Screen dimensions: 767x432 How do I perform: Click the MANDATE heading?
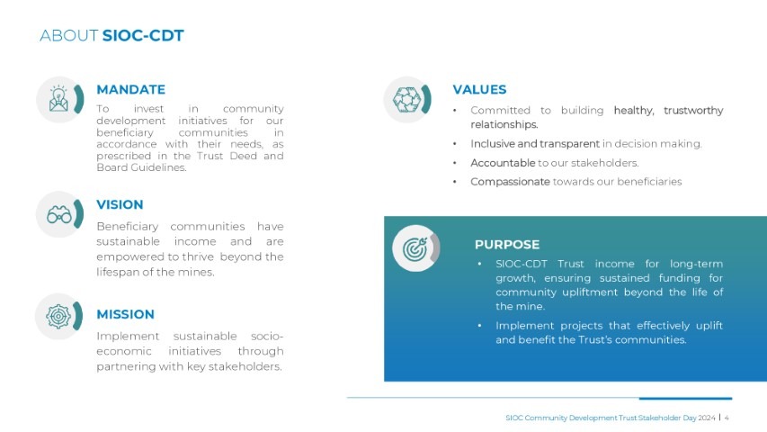130,90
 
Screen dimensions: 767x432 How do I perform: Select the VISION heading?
120,204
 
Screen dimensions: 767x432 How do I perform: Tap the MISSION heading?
125,314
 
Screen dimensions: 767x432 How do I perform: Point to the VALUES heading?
479,90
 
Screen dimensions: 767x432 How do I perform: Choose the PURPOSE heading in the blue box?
507,245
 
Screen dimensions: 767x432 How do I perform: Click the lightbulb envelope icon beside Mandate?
58,99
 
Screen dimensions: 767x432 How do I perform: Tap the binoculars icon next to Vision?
59,214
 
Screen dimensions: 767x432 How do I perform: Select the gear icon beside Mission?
58,317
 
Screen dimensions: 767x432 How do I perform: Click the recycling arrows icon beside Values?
406,99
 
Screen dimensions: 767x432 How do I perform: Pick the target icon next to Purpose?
415,248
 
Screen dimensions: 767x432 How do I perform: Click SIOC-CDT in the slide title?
143,35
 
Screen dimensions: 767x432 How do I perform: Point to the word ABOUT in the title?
69,35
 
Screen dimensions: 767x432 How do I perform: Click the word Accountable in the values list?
503,163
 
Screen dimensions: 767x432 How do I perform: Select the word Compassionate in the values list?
510,182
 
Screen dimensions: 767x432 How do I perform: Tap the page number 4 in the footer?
727,418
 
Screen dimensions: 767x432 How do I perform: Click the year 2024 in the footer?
707,418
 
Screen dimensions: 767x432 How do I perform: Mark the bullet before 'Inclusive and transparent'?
455,144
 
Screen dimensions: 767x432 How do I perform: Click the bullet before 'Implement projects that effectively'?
479,326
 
